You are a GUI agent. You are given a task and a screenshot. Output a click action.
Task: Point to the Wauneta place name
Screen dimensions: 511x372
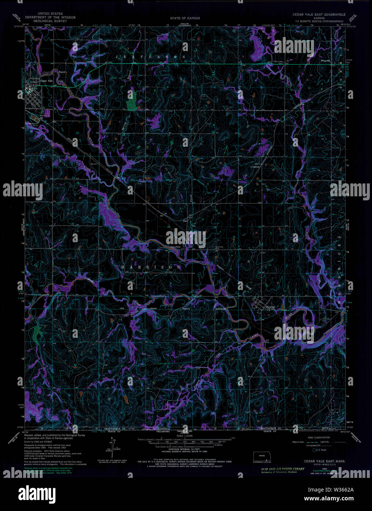coord(326,61)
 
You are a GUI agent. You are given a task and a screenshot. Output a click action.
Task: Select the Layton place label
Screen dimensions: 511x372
coord(256,166)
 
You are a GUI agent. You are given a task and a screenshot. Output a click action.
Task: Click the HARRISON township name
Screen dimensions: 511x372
coord(151,267)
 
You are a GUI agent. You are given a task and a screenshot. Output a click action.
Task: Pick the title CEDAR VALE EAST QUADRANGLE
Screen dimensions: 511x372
coord(319,14)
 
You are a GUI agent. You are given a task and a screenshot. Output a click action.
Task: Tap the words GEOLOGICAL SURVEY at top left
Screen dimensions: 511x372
coord(49,21)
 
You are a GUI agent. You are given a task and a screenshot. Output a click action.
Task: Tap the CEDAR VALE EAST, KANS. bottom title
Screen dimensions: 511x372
coord(319,461)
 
